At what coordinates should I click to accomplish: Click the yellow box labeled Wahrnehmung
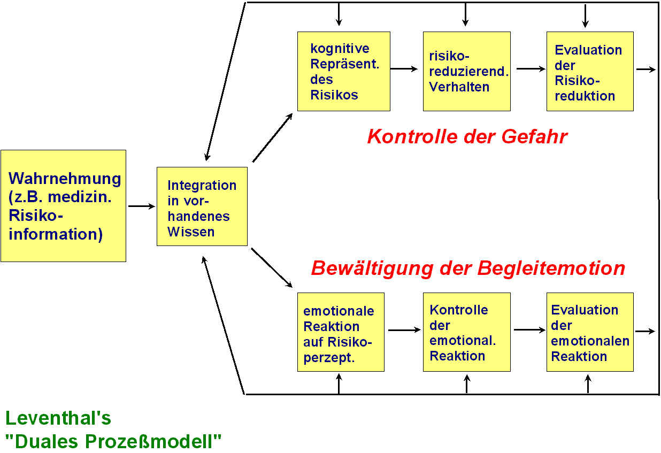point(63,206)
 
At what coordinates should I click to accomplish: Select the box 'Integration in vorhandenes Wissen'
point(202,206)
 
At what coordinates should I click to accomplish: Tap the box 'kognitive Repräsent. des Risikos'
point(343,71)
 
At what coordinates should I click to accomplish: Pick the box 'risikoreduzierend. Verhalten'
point(466,71)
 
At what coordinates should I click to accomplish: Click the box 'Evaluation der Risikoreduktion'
point(589,71)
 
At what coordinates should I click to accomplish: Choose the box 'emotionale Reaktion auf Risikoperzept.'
point(340,332)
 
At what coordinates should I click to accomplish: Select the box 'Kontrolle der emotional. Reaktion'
point(466,332)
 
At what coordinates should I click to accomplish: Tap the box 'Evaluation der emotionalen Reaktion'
point(589,332)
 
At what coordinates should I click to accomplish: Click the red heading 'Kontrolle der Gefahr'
point(467,136)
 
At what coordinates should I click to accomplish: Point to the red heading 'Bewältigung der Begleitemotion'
point(468,267)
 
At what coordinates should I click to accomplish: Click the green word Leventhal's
point(58,417)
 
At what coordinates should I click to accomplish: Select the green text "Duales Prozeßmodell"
point(113,441)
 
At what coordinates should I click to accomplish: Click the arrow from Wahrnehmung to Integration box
point(141,206)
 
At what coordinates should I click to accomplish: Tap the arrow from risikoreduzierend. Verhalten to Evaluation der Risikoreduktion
point(530,68)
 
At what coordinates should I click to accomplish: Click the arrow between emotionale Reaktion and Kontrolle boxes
point(404,330)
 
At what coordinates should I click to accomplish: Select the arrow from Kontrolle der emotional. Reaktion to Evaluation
point(529,330)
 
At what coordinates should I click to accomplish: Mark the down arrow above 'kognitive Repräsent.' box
point(338,15)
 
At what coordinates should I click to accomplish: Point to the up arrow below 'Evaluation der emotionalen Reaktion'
point(588,383)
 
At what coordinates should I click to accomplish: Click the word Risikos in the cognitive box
point(334,95)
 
